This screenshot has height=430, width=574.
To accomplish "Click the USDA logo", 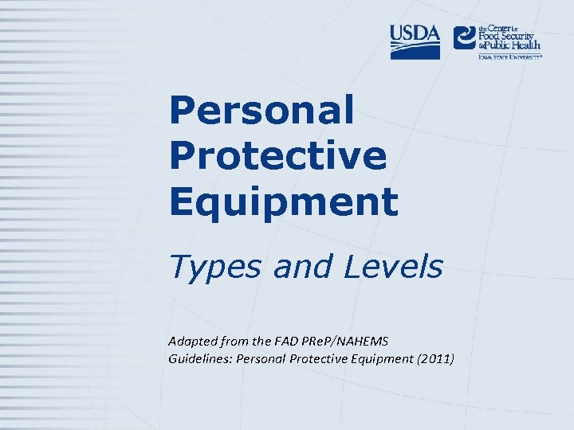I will coord(415,41).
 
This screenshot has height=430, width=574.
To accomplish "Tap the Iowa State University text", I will coord(509,57).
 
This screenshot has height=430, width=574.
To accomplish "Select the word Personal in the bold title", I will coord(261,110).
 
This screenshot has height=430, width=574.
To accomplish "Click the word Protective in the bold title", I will coord(277,155).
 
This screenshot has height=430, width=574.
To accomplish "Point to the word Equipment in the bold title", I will coord(283,201).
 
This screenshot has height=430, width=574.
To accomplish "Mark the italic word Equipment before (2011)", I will coord(381,359).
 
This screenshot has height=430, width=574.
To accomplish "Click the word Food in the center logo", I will coord(490,36).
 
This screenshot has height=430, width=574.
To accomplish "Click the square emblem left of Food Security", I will coord(464,37).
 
